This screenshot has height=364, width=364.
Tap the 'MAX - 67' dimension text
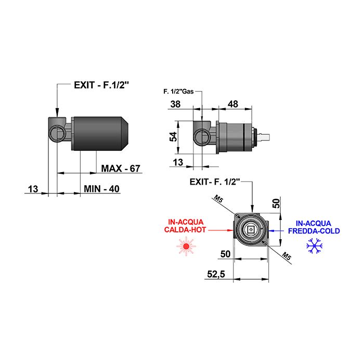pos(121,168)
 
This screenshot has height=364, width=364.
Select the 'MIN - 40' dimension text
pos(102,189)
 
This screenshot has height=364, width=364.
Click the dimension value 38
pos(175,104)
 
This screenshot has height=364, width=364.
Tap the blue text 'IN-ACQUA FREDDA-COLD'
pos(314,227)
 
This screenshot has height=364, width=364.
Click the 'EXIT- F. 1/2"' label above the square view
pos(214,182)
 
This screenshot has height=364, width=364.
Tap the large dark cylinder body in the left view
pos(99,133)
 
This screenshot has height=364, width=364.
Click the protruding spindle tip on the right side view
pos(266,137)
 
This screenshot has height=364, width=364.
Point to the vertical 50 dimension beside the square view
pos(277,202)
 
